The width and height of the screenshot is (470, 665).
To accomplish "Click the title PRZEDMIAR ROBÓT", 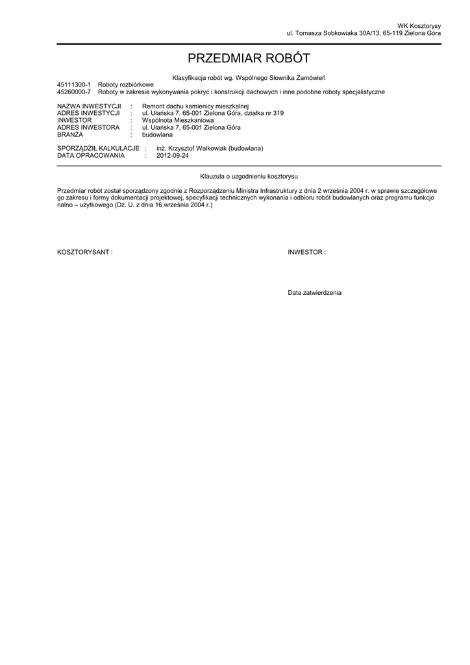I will point(249,59).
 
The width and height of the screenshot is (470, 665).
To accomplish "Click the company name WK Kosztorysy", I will point(419,25).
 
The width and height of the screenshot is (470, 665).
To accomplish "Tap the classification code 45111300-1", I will point(74,85).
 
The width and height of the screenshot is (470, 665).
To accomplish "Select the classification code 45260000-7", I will point(74,92).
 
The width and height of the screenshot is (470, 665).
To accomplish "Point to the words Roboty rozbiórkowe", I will point(126,85).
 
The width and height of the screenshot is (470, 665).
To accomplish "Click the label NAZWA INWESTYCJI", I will point(89,106).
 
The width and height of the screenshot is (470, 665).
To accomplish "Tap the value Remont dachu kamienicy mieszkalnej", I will point(195,106).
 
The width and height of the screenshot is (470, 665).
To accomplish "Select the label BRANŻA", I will point(70,134).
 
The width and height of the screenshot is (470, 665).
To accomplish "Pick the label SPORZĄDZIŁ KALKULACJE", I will point(98,149).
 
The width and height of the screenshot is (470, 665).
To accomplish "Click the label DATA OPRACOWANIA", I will point(90,156).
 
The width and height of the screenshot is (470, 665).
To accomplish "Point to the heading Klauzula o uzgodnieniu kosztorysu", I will point(249,176).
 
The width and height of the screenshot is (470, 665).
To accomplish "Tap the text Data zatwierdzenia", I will point(315,293).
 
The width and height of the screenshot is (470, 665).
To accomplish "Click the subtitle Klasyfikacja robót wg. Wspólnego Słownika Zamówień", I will point(249,78).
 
